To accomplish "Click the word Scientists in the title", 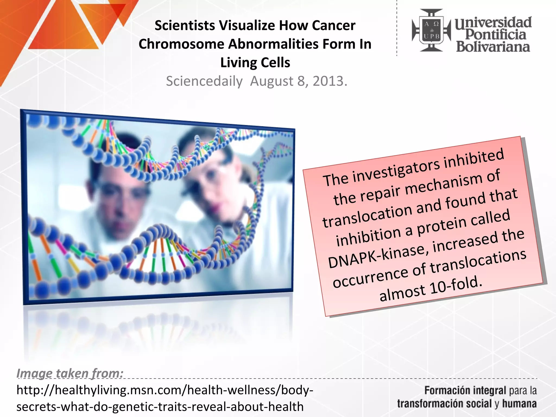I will click(x=185, y=26).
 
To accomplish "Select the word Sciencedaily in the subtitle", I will click(x=204, y=81).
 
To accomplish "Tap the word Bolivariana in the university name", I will click(x=493, y=47).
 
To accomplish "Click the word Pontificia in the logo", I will click(x=495, y=34).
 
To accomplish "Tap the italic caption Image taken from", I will click(x=70, y=373).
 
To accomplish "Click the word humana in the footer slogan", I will click(x=519, y=404).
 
